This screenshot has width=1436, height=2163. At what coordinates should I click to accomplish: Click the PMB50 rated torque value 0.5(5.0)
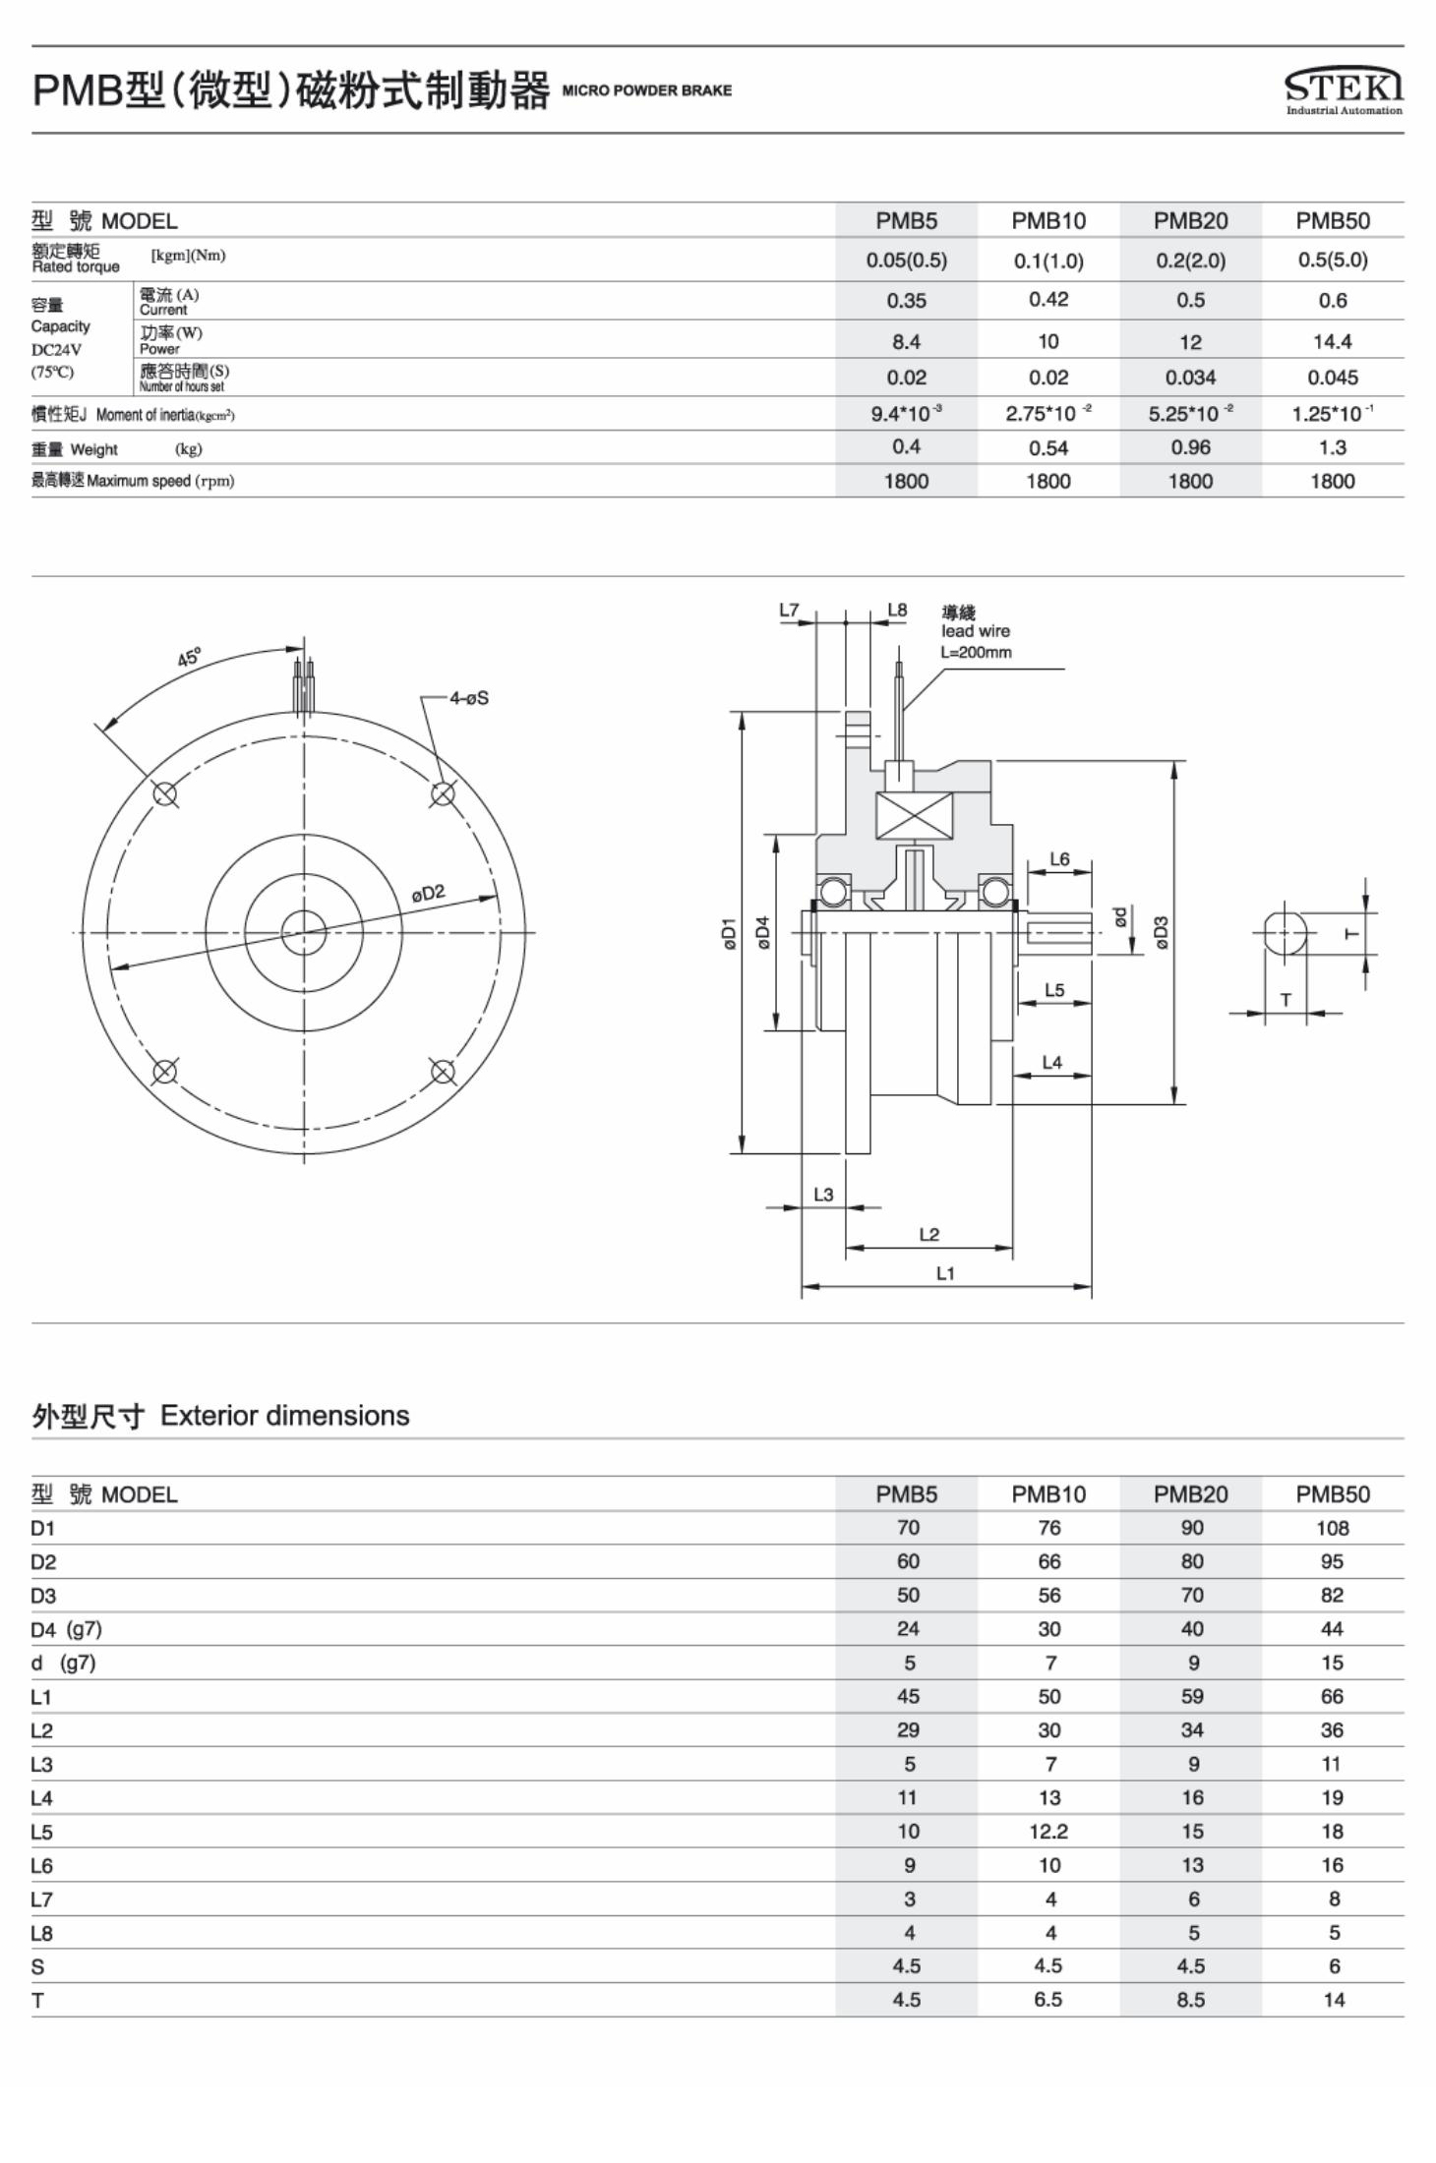1333,261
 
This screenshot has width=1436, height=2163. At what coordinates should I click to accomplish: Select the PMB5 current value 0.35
906,301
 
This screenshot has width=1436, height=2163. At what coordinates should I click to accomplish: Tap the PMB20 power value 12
1190,342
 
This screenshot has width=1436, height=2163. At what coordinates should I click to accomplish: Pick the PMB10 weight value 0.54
1048,448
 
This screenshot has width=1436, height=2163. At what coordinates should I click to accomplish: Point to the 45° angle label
189,657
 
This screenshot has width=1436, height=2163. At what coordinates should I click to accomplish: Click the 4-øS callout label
469,698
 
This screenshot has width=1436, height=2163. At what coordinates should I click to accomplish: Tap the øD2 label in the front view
428,894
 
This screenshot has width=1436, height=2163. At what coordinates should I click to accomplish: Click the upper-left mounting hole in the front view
165,793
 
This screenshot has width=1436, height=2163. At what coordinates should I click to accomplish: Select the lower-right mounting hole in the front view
443,1072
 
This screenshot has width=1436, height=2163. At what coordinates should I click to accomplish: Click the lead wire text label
975,631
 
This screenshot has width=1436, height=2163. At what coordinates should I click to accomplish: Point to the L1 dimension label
945,1273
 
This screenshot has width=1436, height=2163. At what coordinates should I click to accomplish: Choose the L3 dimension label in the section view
823,1195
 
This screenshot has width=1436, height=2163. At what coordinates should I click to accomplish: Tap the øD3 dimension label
1161,932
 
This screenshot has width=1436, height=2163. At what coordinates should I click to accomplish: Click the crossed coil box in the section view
914,815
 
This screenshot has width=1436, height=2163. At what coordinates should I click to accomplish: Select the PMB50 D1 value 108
1333,1528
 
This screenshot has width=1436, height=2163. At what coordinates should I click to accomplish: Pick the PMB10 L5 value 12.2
1048,1832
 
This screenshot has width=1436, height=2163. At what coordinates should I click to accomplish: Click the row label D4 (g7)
66,1629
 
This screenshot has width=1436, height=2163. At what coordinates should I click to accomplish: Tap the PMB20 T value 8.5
1190,2000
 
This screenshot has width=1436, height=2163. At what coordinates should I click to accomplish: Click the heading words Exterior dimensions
284,1416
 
